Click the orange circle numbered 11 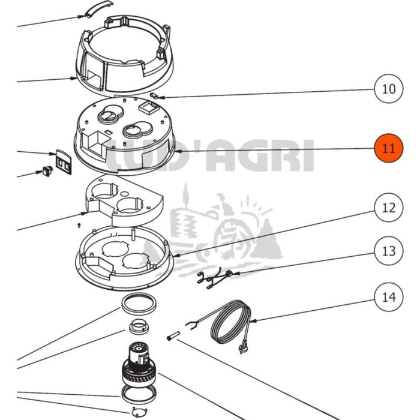(x=388, y=148)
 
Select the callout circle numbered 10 (x=388, y=89)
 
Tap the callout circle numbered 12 (x=388, y=208)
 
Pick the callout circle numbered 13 (x=388, y=251)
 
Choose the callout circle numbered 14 (x=388, y=297)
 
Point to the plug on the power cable (x=242, y=349)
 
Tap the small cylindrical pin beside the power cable (x=173, y=335)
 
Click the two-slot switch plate (x=64, y=162)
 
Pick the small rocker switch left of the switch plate (x=47, y=171)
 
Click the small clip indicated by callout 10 (x=154, y=95)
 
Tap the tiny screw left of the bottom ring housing (x=79, y=225)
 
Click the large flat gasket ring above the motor (x=139, y=304)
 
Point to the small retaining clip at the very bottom (x=139, y=412)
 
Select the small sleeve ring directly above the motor (x=139, y=326)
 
